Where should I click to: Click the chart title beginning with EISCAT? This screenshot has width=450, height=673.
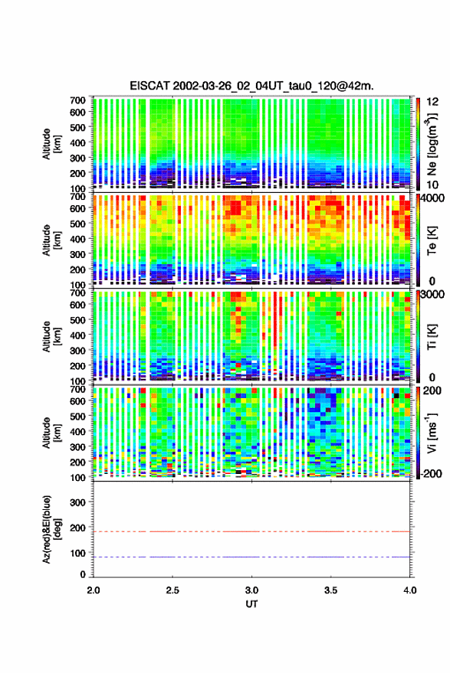(x=252, y=86)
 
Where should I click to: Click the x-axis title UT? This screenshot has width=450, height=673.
(x=251, y=604)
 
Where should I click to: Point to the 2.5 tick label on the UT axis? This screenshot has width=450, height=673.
(x=172, y=590)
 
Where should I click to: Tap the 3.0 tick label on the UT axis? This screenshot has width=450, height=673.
(x=251, y=590)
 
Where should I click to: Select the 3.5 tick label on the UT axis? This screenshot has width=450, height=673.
(x=330, y=590)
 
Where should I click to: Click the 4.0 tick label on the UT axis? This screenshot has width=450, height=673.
(x=409, y=590)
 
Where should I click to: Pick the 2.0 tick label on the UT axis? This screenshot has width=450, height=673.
(x=94, y=590)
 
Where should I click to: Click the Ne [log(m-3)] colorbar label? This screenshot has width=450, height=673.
(x=432, y=144)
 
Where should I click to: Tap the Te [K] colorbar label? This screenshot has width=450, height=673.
(x=432, y=240)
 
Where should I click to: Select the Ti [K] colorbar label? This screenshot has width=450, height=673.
(x=432, y=337)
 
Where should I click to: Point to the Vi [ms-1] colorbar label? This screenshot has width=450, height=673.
(x=432, y=433)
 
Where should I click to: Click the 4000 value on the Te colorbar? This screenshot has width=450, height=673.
(x=433, y=199)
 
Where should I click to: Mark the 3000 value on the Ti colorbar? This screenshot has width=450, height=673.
(x=433, y=295)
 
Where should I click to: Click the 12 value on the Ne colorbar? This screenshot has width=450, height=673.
(x=433, y=102)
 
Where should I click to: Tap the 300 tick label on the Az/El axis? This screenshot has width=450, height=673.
(x=77, y=502)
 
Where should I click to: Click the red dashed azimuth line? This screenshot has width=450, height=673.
(x=251, y=531)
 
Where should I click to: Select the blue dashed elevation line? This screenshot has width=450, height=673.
(x=251, y=557)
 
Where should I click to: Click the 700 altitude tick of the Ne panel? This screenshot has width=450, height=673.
(x=77, y=100)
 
